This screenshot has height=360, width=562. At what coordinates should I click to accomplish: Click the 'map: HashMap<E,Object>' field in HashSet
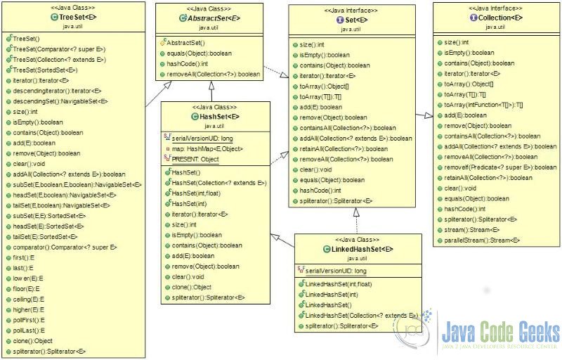pos(207,149)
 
